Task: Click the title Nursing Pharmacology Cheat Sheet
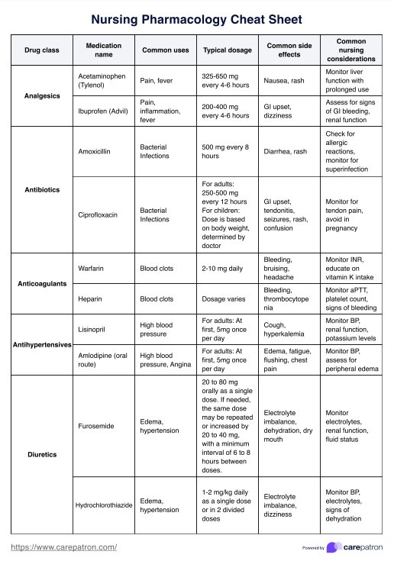(x=196, y=19)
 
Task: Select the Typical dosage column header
(x=224, y=50)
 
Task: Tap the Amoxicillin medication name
(x=95, y=151)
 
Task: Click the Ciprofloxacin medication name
(x=98, y=215)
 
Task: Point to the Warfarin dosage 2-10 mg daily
(x=221, y=269)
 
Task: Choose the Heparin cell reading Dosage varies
(x=222, y=299)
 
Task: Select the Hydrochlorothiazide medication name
(x=105, y=505)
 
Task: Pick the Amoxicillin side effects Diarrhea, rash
(x=285, y=151)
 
